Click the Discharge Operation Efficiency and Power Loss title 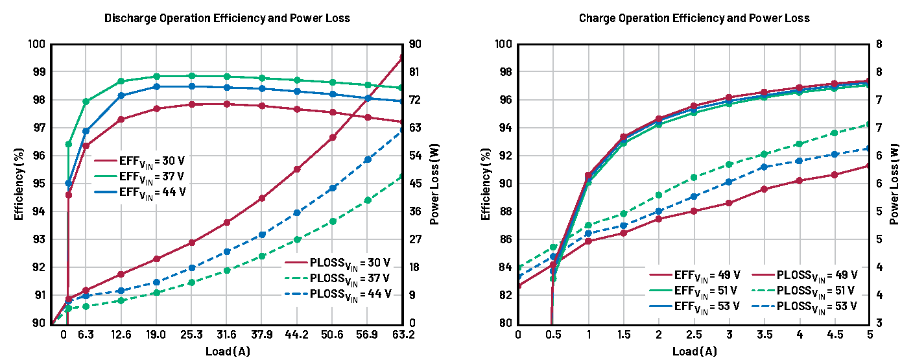tap(227, 18)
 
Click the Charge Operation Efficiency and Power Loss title tap(694, 18)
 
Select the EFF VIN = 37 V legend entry tap(152, 176)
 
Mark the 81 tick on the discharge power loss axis tap(413, 72)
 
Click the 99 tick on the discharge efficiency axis tap(37, 72)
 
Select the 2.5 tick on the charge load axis tap(694, 335)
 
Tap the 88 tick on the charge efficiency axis tap(504, 211)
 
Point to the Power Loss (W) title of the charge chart tap(895, 184)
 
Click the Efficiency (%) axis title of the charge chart tap(486, 184)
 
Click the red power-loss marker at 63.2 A tap(403, 58)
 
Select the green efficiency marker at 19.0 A tap(156, 77)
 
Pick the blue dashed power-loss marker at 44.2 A tap(297, 213)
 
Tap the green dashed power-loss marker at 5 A tap(870, 124)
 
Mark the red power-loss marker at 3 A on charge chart tap(729, 203)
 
